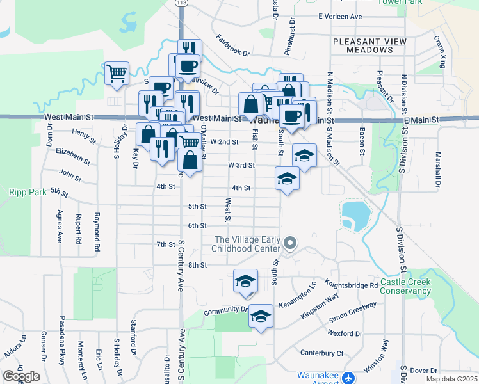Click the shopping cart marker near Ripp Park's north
click(117, 74)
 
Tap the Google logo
click(20, 376)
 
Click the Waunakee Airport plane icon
click(348, 378)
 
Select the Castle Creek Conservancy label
click(405, 286)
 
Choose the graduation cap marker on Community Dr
click(260, 316)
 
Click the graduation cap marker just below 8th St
click(245, 281)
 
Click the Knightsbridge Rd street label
click(351, 285)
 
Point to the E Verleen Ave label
click(340, 17)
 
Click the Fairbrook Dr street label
click(232, 45)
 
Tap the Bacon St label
click(361, 141)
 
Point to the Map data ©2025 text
click(451, 379)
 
